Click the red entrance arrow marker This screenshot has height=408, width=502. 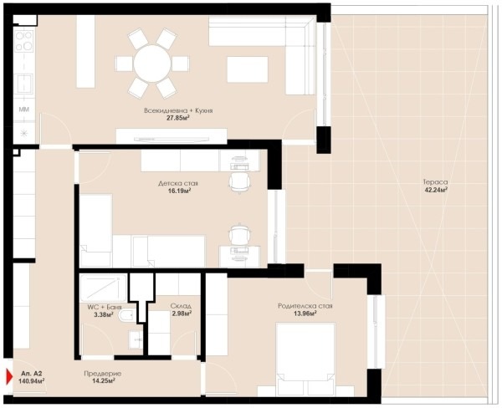[9, 377]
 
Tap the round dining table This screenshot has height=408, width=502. [152, 64]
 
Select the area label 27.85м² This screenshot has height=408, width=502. [178, 118]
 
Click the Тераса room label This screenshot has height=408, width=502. [435, 181]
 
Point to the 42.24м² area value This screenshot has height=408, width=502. [435, 190]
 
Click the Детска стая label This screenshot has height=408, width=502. [178, 183]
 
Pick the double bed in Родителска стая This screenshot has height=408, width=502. [305, 360]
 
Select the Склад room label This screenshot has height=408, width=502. [182, 306]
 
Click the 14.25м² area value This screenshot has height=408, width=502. [103, 380]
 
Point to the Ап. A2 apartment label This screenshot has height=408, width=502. [32, 374]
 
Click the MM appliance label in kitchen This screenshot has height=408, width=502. [24, 110]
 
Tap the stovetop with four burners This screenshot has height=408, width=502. [24, 41]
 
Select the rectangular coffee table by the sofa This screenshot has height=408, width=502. [248, 69]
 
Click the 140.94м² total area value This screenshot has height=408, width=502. [32, 380]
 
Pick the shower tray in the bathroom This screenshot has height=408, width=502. [103, 288]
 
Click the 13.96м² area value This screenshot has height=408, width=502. [305, 314]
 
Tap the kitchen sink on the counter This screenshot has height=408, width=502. [24, 84]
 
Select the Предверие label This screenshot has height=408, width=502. [102, 374]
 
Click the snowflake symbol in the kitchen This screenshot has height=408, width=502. [24, 133]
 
